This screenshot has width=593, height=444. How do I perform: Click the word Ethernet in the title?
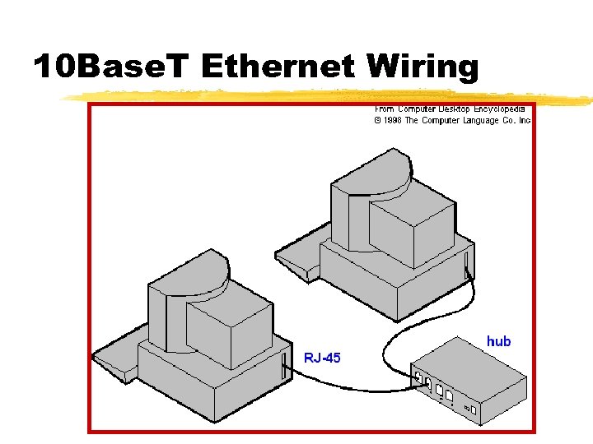point(278,66)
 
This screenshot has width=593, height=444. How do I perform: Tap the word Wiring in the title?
point(424,66)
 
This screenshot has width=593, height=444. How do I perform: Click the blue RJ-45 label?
point(322,358)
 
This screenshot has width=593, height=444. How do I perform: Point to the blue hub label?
point(498,340)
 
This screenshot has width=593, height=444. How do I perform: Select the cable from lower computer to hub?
point(346,382)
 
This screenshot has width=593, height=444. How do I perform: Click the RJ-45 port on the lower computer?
point(285,367)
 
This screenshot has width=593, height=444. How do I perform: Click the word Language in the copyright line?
point(474,120)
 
